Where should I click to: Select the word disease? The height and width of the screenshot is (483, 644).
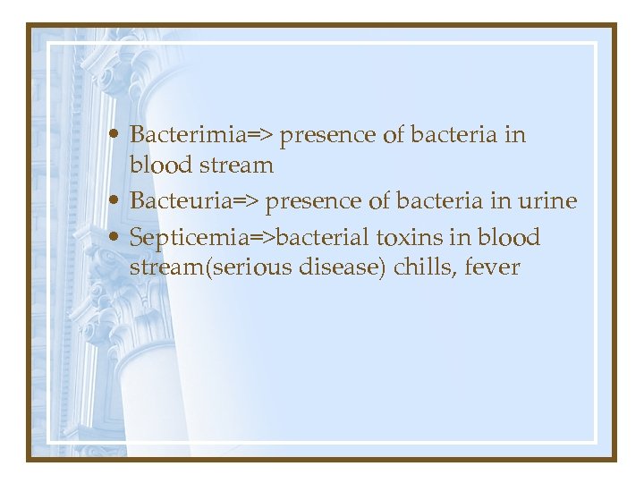(x=341, y=267)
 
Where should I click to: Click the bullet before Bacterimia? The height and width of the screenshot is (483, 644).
(x=118, y=136)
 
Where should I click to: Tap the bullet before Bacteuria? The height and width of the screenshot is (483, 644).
(x=118, y=202)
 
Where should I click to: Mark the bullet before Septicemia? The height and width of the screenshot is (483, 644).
(x=118, y=239)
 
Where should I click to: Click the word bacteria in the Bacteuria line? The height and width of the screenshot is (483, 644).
(x=445, y=201)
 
